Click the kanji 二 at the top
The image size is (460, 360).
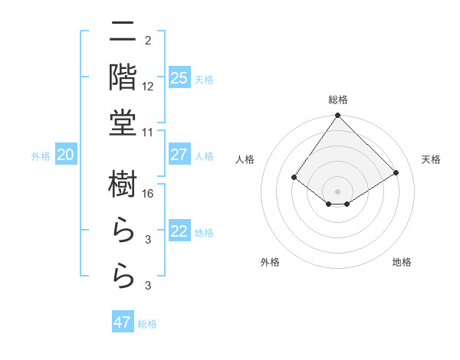(x=123, y=33)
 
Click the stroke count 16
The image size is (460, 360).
(x=149, y=194)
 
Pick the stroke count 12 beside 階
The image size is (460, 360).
(x=148, y=87)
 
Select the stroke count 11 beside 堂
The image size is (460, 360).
(x=148, y=133)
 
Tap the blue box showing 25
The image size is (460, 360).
(x=179, y=77)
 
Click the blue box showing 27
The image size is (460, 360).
(x=179, y=155)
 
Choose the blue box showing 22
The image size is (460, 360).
(x=179, y=232)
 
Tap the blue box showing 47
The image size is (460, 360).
(x=123, y=322)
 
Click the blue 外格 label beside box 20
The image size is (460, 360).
(x=41, y=156)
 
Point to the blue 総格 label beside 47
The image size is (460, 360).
(x=147, y=324)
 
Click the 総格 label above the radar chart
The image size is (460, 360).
(x=338, y=100)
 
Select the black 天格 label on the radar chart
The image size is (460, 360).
(x=432, y=159)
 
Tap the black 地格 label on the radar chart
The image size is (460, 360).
(x=402, y=262)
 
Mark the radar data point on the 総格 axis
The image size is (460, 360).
(x=338, y=116)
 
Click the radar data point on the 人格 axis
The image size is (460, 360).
(x=294, y=178)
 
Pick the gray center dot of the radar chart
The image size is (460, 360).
(x=338, y=191)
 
